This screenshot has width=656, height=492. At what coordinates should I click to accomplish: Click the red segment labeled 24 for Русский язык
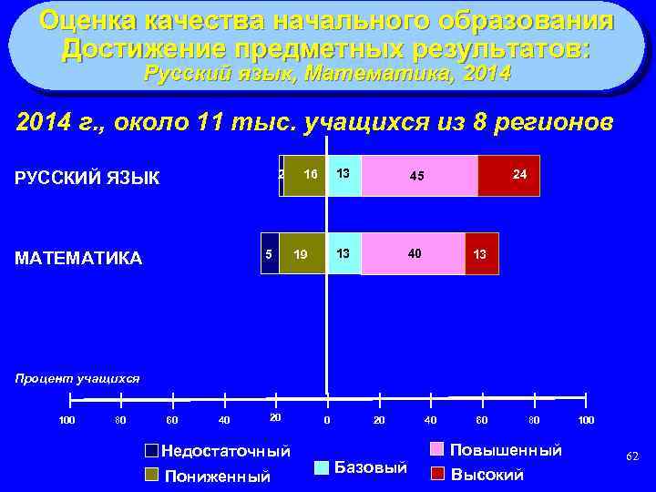508,176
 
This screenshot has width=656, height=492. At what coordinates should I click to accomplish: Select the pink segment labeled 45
419,176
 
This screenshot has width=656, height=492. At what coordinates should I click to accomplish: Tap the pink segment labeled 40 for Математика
413,254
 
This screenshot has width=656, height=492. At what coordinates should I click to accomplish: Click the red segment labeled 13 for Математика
481,254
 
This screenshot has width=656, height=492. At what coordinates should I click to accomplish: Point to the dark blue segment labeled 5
270,254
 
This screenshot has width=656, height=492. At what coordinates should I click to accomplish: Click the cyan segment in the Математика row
343,254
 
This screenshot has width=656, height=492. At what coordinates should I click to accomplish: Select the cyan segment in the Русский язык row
343,176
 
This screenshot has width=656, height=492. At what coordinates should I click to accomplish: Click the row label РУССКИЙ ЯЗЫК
87,178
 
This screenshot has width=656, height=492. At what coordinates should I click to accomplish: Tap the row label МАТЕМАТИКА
79,259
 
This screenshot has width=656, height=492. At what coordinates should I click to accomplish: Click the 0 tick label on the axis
327,419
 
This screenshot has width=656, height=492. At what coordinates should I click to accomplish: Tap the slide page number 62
632,455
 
